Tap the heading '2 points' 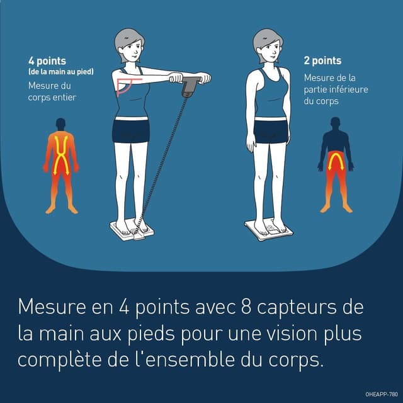point(322,61)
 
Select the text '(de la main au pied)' point(60,72)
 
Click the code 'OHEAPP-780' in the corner point(381,394)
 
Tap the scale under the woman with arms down point(271,229)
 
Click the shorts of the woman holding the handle point(131,130)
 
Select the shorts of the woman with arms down point(271,130)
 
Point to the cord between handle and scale point(165,157)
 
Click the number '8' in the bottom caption point(247,309)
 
